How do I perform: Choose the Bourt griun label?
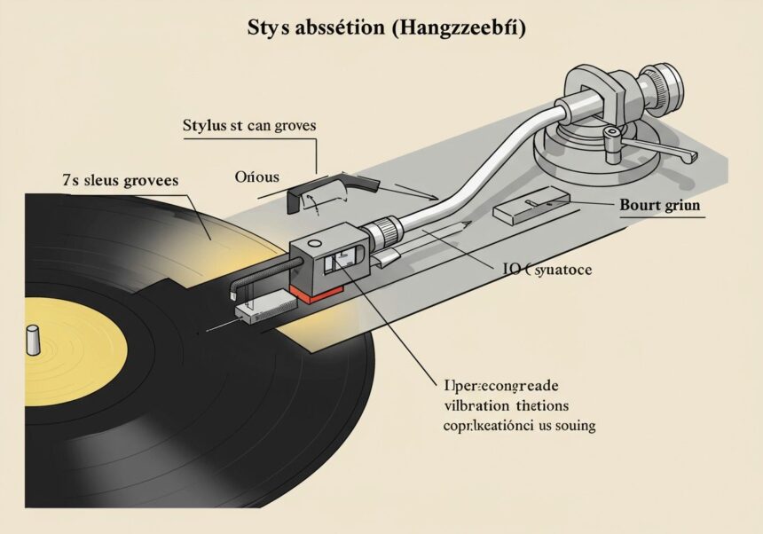pos(658,204)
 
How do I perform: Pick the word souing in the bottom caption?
pos(569,425)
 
